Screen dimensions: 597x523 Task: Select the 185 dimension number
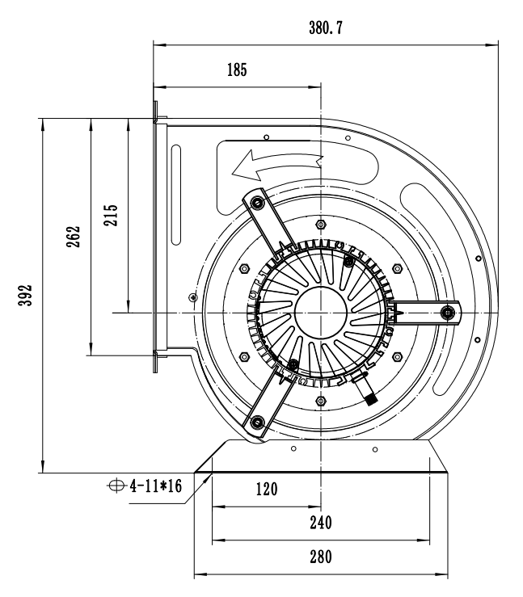[x=237, y=69]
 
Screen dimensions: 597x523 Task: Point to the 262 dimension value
[x=74, y=237]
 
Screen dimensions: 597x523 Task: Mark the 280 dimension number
[x=320, y=557]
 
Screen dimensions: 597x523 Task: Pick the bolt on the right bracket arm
[x=447, y=311]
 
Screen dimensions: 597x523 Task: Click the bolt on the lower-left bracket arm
[x=257, y=421]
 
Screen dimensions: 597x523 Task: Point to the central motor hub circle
[x=321, y=312]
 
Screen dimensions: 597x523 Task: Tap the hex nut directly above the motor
[x=322, y=224]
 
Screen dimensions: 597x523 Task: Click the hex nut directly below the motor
[x=322, y=400]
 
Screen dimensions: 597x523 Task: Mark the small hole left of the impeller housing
[x=192, y=296]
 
